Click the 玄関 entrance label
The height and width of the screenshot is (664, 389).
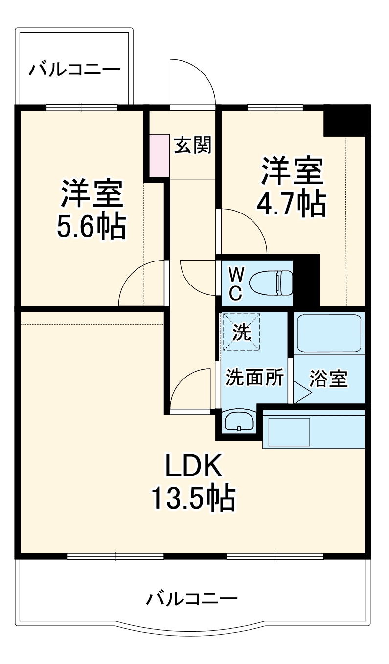pyautogui.click(x=193, y=145)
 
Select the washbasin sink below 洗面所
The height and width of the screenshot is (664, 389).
pyautogui.click(x=238, y=421)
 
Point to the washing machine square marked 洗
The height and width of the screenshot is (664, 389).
pyautogui.click(x=241, y=332)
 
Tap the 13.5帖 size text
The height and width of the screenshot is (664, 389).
pyautogui.click(x=194, y=498)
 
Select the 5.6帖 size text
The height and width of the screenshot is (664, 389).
pyautogui.click(x=92, y=226)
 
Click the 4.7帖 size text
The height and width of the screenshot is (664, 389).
pyautogui.click(x=291, y=203)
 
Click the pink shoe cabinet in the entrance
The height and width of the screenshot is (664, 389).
pyautogui.click(x=158, y=155)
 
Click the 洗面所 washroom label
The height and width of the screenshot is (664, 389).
pyautogui.click(x=254, y=378)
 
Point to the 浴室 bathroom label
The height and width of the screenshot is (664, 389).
pyautogui.click(x=329, y=379)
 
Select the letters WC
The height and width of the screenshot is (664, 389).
pyautogui.click(x=235, y=283)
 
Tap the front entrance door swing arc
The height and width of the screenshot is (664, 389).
pyautogui.click(x=196, y=78)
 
